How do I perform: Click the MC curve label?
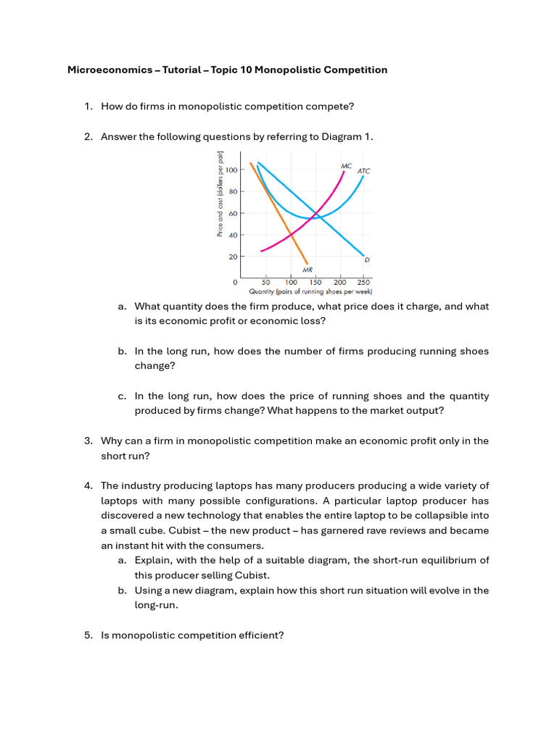[346, 166]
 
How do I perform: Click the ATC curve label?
[363, 171]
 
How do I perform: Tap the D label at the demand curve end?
[367, 259]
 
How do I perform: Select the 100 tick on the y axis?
[232, 170]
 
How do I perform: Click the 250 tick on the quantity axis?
[363, 282]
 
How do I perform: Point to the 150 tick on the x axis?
[315, 282]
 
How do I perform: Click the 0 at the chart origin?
[235, 282]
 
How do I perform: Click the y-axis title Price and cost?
[220, 194]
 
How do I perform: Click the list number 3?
[88, 441]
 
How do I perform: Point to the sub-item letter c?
[122, 396]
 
